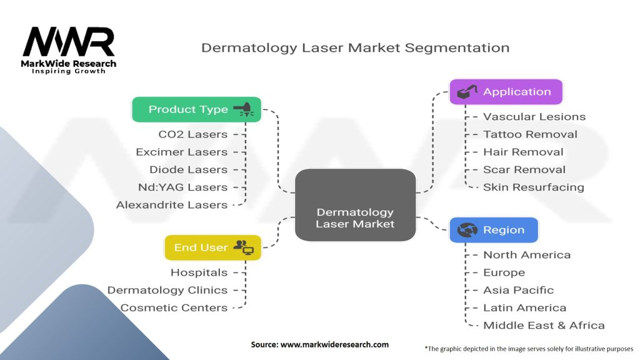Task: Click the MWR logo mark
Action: point(69,42)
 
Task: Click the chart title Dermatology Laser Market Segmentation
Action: point(355,47)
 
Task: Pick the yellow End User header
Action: point(212,247)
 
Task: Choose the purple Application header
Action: point(506,92)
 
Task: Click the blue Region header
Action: point(494,230)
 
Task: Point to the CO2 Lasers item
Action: point(192,134)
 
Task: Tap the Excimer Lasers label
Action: point(181,152)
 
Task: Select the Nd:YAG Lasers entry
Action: point(182,187)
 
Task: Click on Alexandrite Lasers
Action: point(172,204)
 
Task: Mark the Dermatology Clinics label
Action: point(167,290)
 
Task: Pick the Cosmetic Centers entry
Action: point(174,307)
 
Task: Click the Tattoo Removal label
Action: point(530,134)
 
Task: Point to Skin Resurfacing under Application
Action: point(533,187)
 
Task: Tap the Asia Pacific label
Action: point(518,290)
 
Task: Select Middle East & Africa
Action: point(544,325)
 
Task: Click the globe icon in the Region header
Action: point(467,230)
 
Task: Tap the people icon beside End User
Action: point(243,247)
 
